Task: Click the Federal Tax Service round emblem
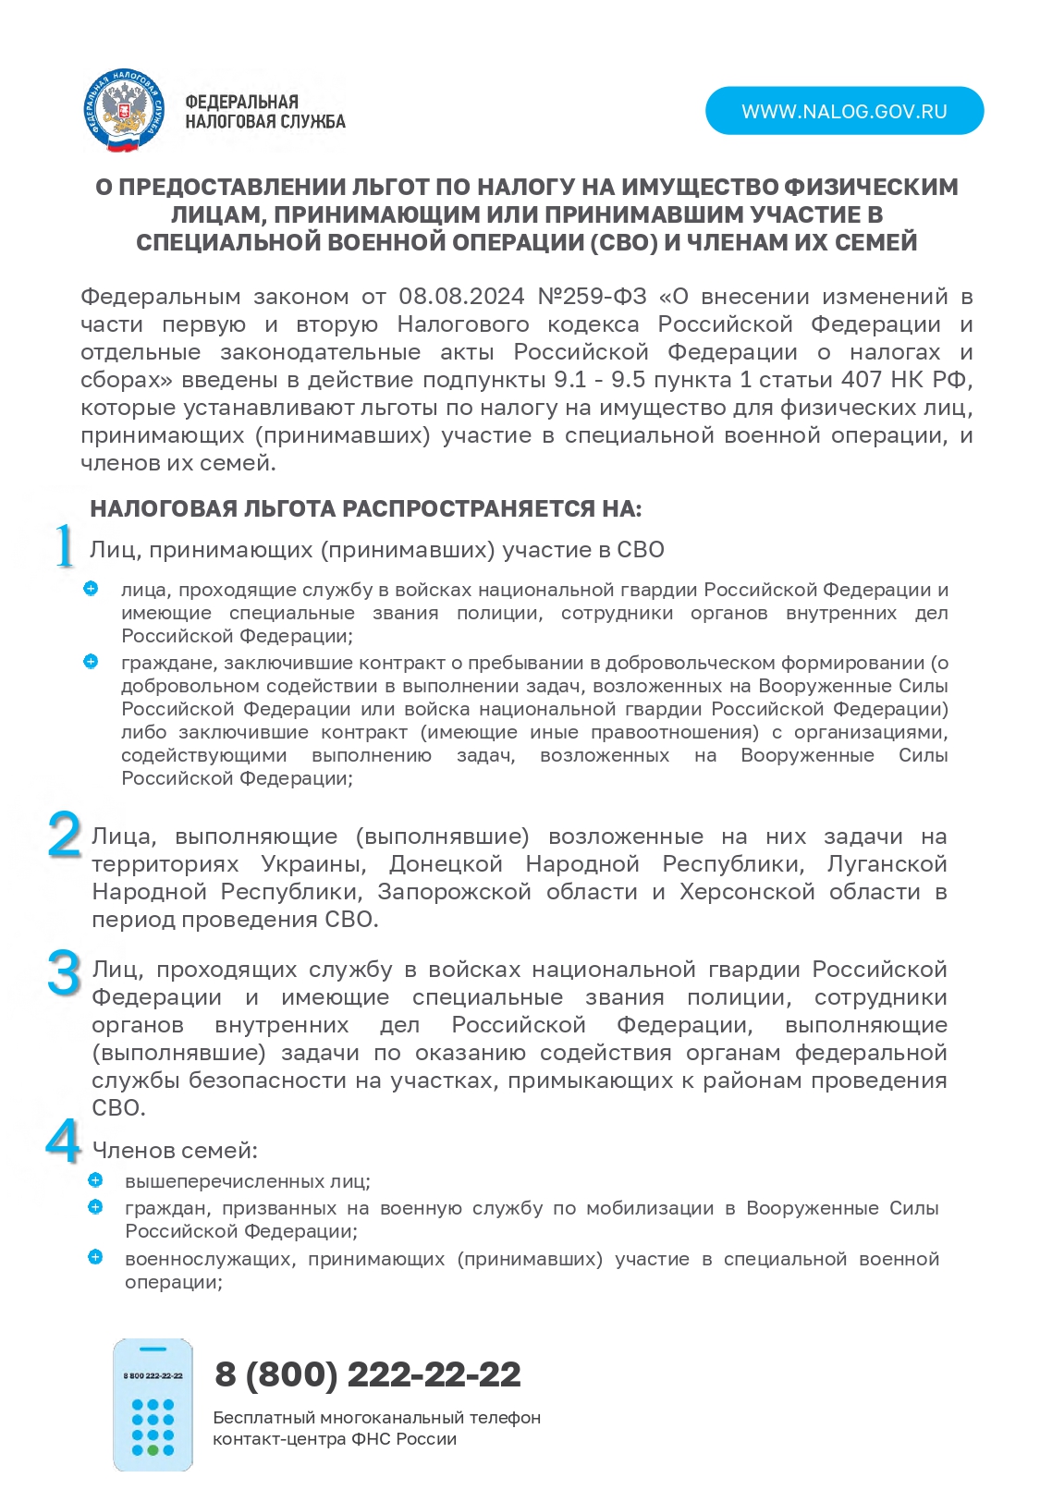point(125,111)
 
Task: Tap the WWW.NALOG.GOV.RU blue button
point(844,111)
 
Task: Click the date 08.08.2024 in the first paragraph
point(460,297)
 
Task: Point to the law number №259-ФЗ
point(592,297)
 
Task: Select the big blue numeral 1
point(63,546)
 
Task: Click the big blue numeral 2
point(64,835)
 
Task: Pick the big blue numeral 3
point(64,973)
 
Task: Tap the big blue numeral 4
point(63,1142)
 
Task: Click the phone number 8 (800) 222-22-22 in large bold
point(367,1374)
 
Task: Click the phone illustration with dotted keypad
point(153,1404)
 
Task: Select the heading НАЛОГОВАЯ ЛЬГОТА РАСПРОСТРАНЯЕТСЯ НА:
point(365,509)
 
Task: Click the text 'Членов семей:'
point(174,1151)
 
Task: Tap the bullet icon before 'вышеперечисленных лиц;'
point(95,1180)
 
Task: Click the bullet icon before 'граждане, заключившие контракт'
point(91,662)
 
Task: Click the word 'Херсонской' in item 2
point(746,892)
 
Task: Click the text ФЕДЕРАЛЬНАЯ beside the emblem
point(241,102)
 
